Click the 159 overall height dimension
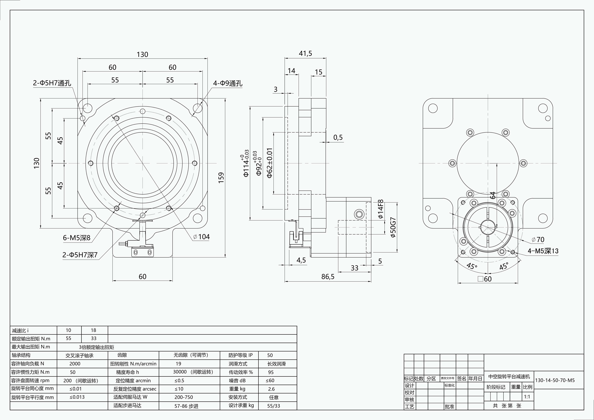221,178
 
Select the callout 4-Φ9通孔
227,83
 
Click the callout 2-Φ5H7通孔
52,83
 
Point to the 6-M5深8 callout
77,238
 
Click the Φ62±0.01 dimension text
270,163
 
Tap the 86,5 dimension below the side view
328,277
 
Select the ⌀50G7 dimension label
393,227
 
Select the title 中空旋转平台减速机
509,377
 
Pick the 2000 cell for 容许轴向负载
75,364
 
